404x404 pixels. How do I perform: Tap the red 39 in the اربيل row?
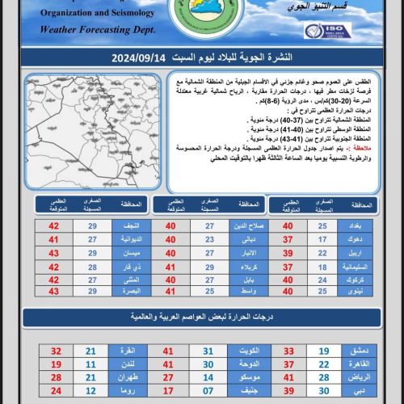click(x=287, y=253)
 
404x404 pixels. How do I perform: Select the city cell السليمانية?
click(x=360, y=266)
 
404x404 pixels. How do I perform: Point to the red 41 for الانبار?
click(x=170, y=253)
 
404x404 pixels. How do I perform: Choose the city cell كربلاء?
click(x=246, y=266)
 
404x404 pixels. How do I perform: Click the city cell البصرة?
click(x=130, y=291)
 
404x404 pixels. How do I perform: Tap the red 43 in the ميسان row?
click(x=55, y=253)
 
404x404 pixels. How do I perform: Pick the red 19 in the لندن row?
click(x=56, y=364)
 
